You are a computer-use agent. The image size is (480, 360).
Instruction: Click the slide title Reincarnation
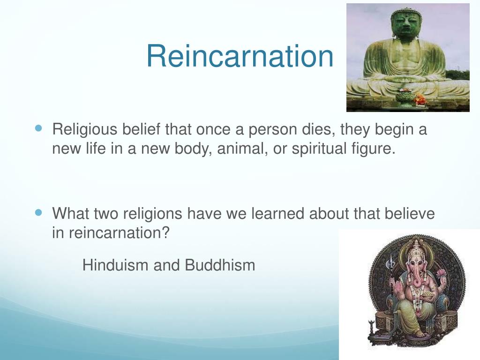pos(240,56)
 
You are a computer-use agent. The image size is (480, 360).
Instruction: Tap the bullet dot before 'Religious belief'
pos(39,127)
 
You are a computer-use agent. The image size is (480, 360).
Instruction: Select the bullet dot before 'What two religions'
pos(39,212)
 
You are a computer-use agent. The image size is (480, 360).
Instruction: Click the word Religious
pos(84,129)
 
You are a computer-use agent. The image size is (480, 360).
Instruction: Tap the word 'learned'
pos(278,214)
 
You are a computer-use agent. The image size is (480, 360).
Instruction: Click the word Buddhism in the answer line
pos(220,265)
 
